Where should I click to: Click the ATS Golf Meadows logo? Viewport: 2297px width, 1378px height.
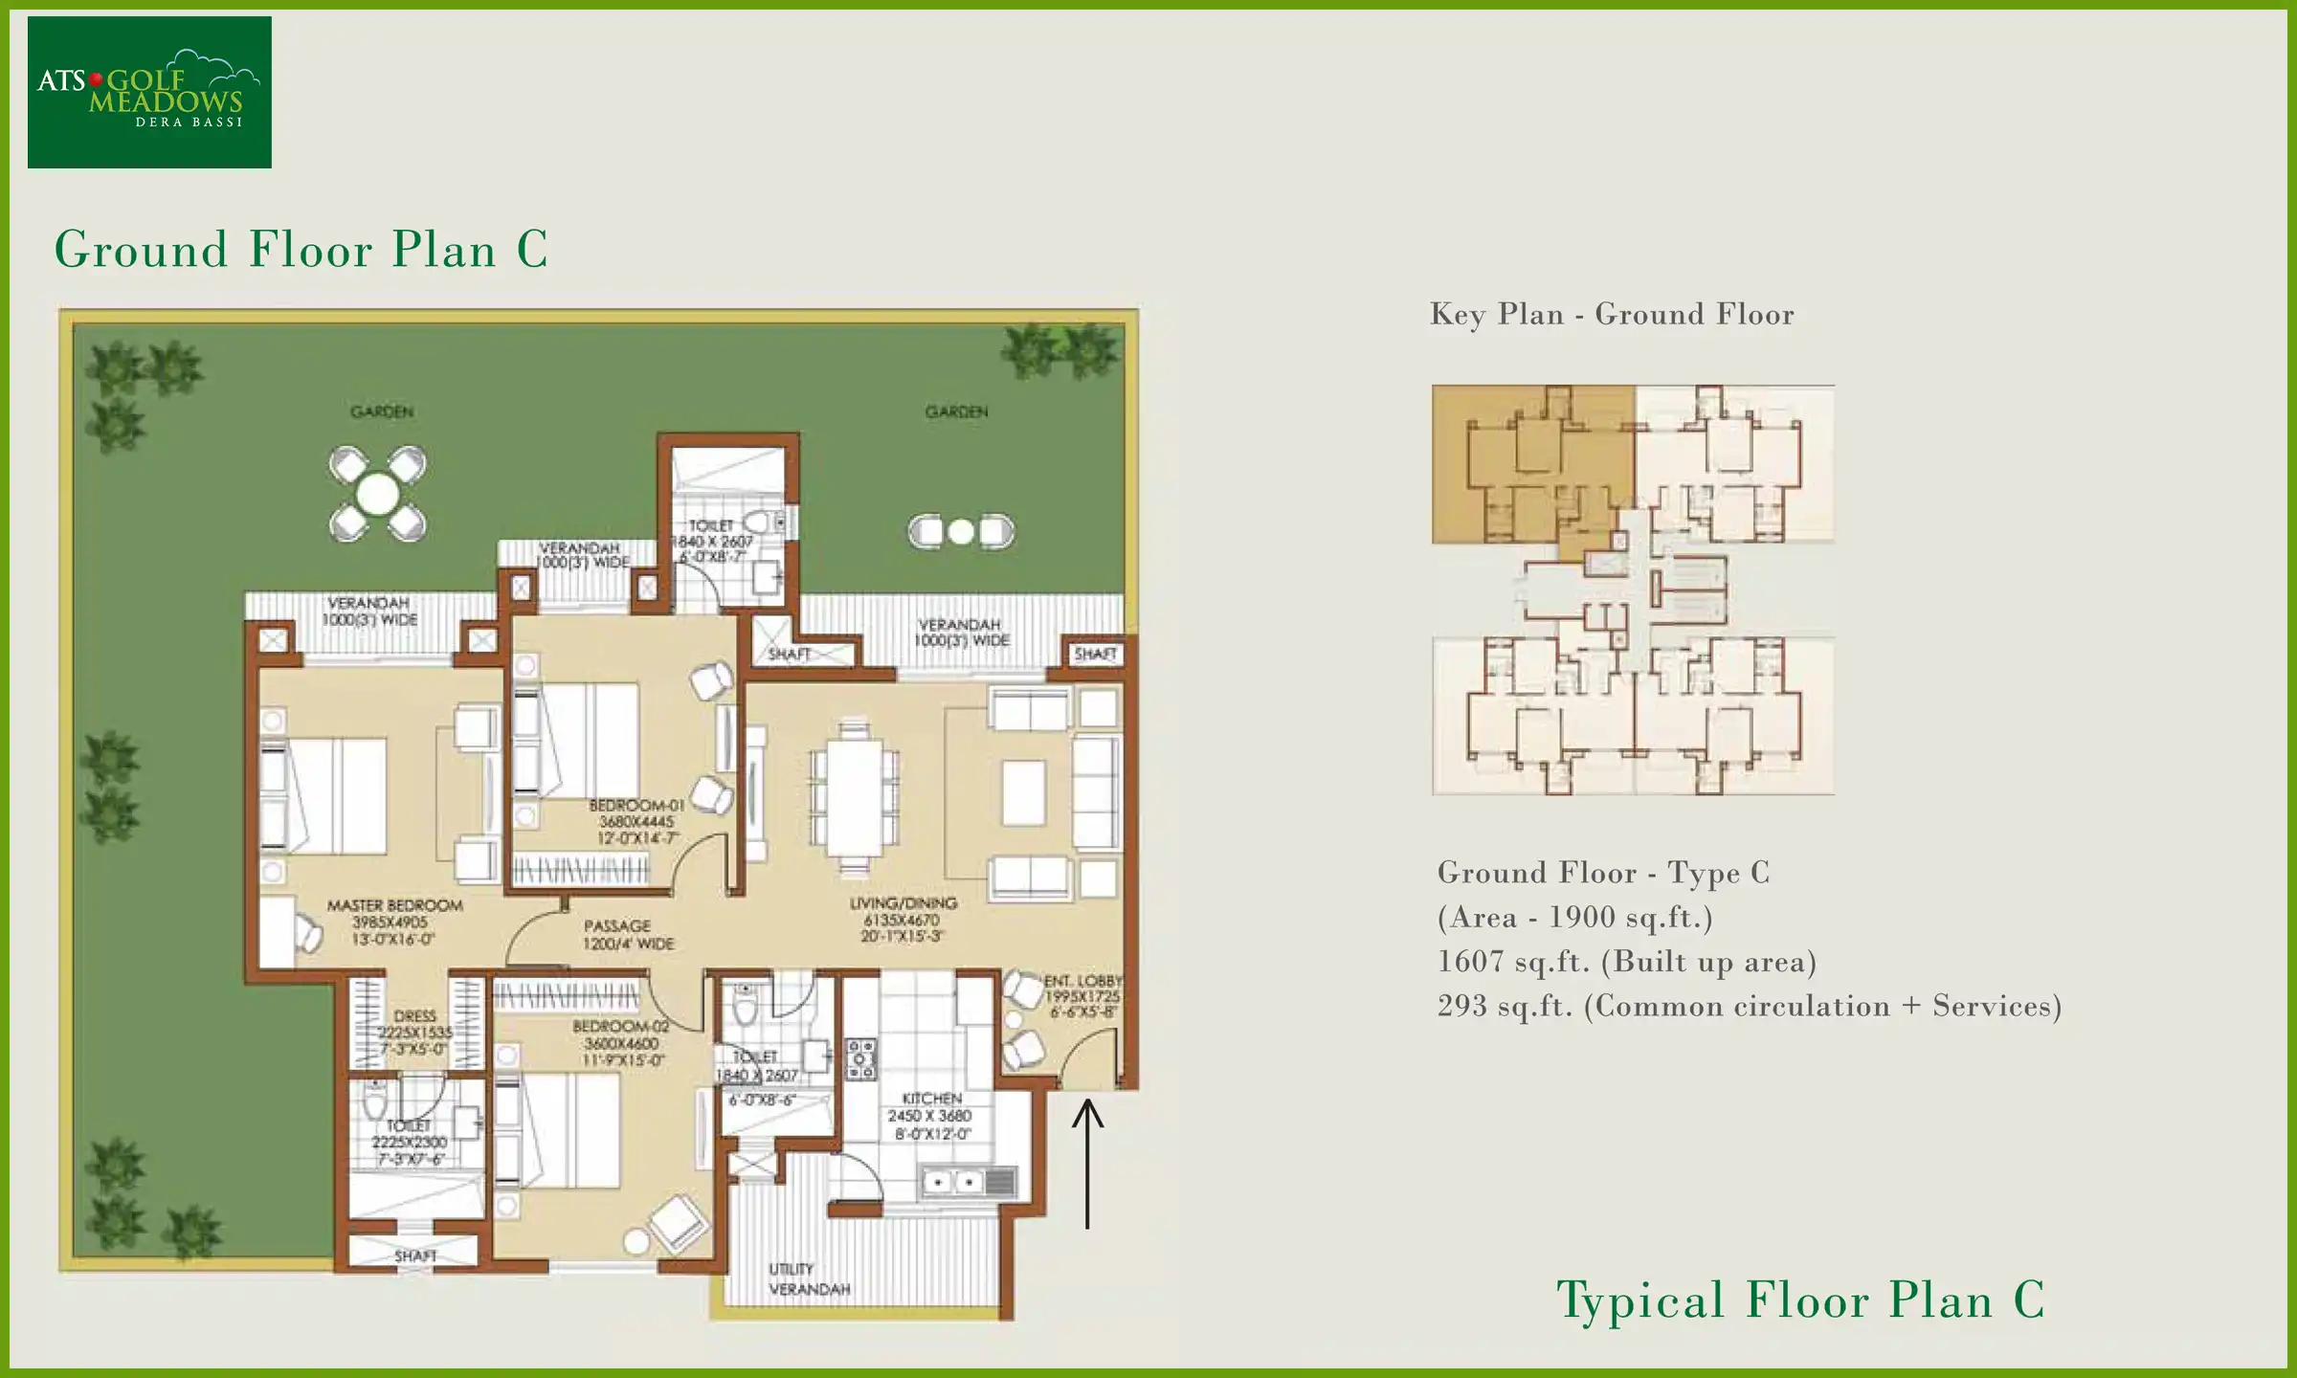point(149,92)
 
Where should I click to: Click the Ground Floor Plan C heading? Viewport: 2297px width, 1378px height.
point(301,250)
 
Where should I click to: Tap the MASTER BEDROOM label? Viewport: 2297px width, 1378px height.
point(394,922)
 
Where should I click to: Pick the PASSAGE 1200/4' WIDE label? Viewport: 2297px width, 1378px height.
point(629,934)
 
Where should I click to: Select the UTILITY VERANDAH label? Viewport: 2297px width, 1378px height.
point(809,1279)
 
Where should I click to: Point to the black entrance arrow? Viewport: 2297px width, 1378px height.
point(1087,1163)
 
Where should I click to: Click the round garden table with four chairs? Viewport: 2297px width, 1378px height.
point(377,495)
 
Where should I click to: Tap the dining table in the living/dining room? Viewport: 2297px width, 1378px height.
point(855,798)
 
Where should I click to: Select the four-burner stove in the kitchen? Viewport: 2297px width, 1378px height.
point(860,1059)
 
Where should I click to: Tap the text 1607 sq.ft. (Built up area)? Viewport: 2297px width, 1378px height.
point(1626,962)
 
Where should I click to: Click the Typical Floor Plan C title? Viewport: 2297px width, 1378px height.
point(1800,1300)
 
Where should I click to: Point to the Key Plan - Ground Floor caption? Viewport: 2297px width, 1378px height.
point(1612,314)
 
